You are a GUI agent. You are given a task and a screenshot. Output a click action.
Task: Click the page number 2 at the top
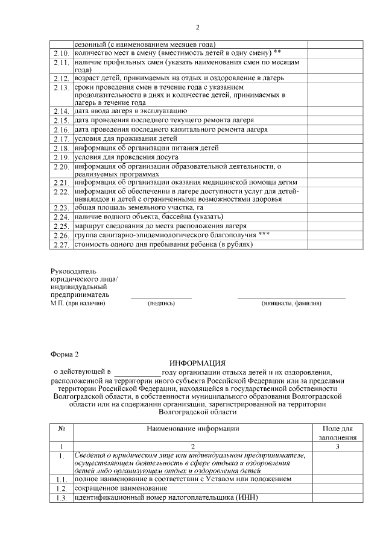pos(197,27)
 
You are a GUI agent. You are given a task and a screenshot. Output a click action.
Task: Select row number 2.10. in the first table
pos(61,53)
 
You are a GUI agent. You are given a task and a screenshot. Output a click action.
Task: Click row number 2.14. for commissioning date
pos(61,111)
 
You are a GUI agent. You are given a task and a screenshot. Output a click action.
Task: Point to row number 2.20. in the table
pos(61,167)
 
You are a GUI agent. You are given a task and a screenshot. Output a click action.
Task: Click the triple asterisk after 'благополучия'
pos(264,235)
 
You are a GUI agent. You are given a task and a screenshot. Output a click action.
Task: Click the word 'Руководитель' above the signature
pos(73,272)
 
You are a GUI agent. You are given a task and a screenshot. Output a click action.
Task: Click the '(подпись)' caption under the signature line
pos(161,304)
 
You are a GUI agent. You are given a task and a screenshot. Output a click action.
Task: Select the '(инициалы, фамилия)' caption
pos(291,304)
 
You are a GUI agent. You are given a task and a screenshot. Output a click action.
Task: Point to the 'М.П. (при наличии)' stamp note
pos(78,304)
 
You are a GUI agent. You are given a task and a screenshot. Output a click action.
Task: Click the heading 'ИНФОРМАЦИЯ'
pos(197,364)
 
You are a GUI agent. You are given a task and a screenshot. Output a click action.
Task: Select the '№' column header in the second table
pos(61,429)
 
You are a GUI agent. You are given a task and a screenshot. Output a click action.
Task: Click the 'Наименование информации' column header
pos(193,429)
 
